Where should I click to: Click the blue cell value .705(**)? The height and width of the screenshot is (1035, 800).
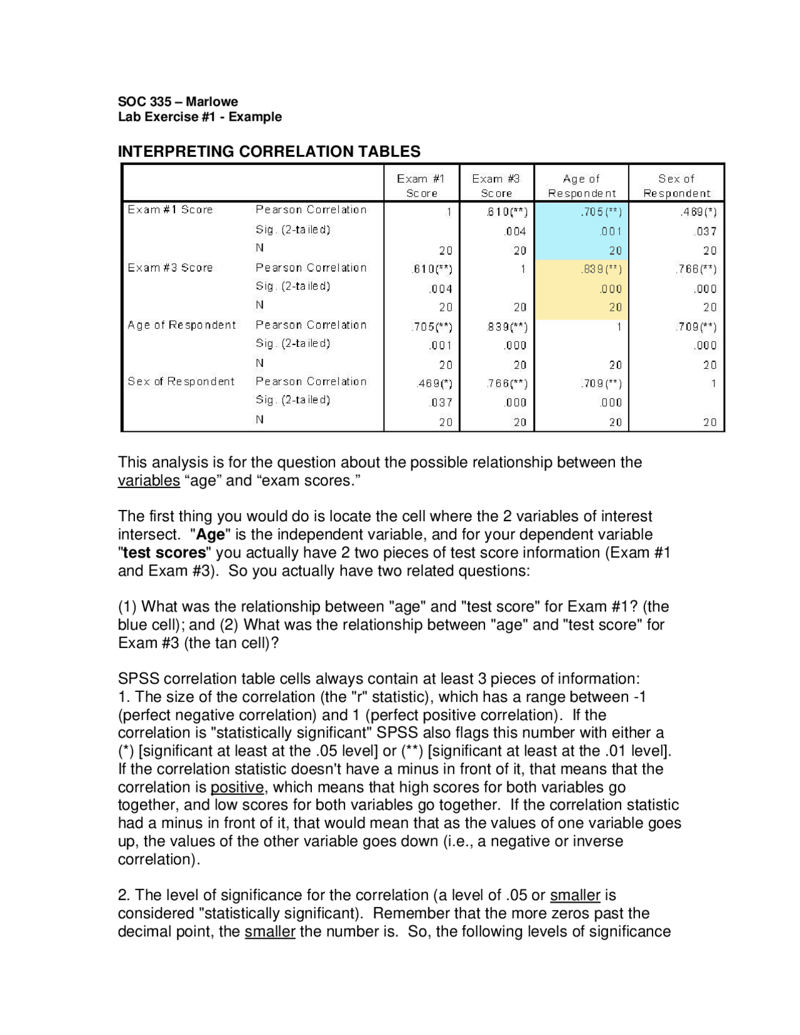pyautogui.click(x=601, y=212)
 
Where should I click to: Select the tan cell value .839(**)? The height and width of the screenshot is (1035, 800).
pyautogui.click(x=601, y=269)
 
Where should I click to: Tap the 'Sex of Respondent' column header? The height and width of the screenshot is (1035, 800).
pyautogui.click(x=676, y=186)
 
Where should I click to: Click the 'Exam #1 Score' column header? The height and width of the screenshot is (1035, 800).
pyautogui.click(x=421, y=186)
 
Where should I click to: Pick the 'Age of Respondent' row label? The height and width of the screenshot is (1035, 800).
pyautogui.click(x=182, y=325)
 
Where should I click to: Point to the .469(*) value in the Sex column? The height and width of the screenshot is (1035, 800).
pyautogui.click(x=699, y=212)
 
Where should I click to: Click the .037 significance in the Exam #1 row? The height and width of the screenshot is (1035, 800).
pyautogui.click(x=706, y=231)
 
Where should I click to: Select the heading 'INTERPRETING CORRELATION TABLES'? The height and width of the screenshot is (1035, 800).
pyautogui.click(x=269, y=151)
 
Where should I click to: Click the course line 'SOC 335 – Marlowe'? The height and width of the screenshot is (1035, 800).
pyautogui.click(x=178, y=101)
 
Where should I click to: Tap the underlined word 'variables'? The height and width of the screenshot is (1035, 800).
pyautogui.click(x=149, y=481)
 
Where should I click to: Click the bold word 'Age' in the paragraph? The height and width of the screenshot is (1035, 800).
pyautogui.click(x=211, y=534)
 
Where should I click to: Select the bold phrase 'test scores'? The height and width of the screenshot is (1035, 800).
pyautogui.click(x=164, y=552)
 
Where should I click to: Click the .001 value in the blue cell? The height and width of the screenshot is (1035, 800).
pyautogui.click(x=611, y=231)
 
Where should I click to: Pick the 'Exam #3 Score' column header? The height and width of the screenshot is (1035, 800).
pyautogui.click(x=496, y=186)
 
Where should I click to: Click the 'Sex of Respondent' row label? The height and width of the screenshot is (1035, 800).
pyautogui.click(x=181, y=381)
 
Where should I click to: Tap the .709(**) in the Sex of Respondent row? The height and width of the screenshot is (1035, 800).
pyautogui.click(x=601, y=384)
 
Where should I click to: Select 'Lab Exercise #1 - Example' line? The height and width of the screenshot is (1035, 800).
pyautogui.click(x=200, y=117)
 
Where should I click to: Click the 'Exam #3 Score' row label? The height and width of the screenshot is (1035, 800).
pyautogui.click(x=170, y=267)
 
